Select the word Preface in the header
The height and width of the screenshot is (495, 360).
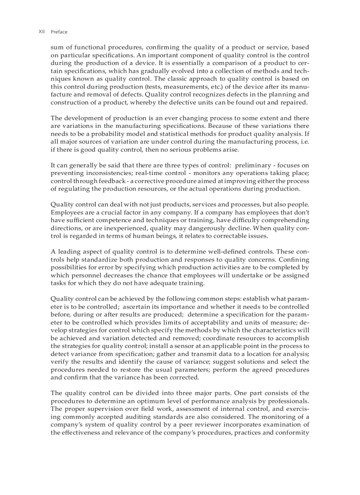pos(59,32)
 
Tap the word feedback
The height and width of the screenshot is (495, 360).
pos(96,181)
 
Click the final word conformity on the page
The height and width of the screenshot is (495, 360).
pos(293,433)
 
